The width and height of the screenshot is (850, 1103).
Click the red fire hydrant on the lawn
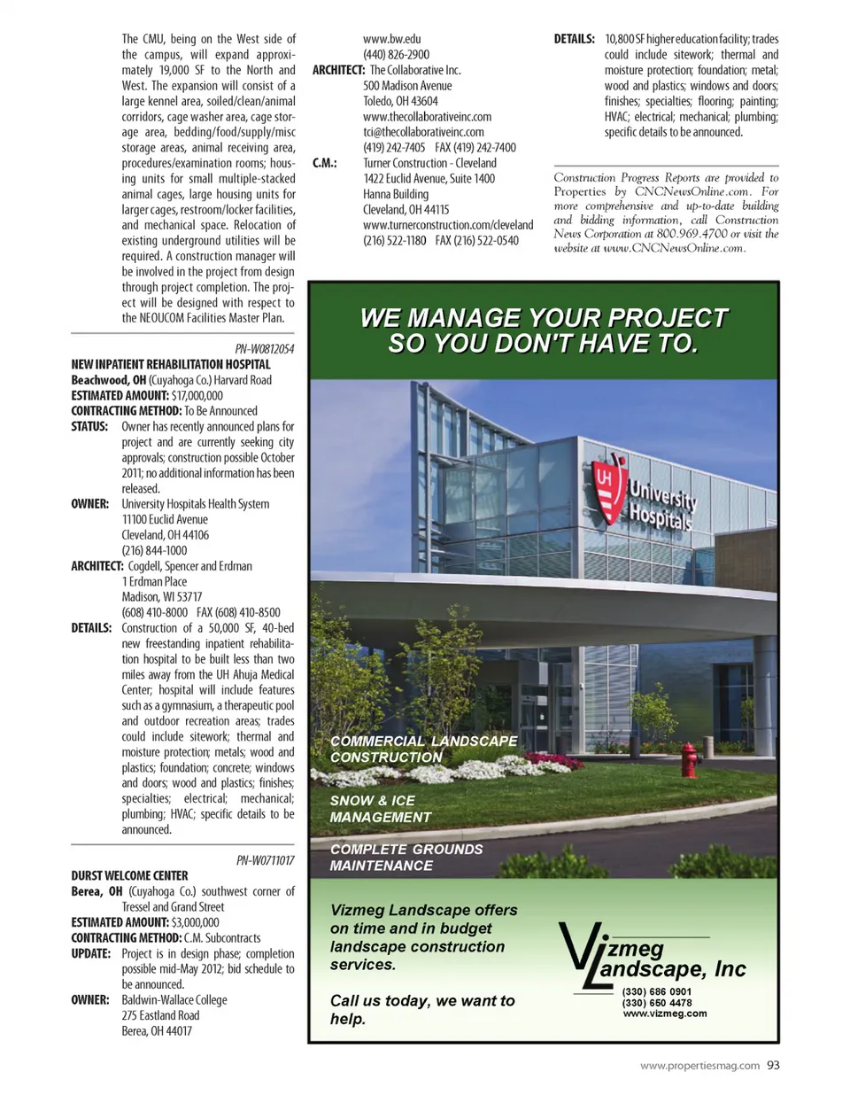[688, 760]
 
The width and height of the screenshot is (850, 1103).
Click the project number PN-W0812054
[265, 349]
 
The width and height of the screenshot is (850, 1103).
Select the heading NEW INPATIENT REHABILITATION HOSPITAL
[171, 364]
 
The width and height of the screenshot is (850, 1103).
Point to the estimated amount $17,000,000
[197, 395]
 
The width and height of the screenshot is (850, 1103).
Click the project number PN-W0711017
[266, 860]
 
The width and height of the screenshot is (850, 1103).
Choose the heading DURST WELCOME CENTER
[129, 875]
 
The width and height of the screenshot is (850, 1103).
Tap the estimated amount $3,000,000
[195, 922]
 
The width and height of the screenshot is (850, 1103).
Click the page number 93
[773, 1066]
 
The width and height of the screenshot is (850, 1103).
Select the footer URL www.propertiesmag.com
[699, 1066]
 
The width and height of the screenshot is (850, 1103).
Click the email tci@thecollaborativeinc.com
[423, 132]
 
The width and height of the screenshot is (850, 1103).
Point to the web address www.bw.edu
[392, 39]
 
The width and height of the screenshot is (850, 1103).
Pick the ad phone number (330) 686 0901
[657, 991]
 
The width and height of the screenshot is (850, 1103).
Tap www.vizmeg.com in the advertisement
[665, 1014]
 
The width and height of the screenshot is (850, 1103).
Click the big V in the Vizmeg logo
[579, 952]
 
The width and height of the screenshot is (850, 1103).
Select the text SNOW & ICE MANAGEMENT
[381, 809]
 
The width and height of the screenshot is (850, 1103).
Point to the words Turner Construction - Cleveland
[429, 163]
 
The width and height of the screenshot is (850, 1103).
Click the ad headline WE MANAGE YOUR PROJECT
[544, 318]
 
